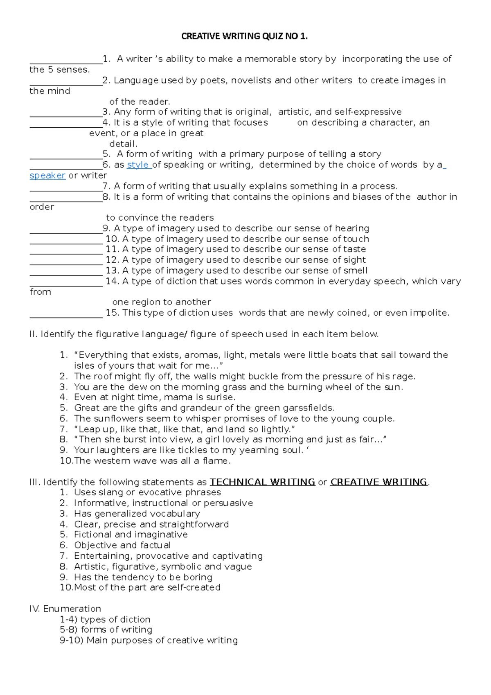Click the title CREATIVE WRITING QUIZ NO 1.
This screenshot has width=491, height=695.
(244, 36)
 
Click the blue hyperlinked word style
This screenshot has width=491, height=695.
(138, 165)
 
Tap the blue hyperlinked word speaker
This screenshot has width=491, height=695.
(47, 176)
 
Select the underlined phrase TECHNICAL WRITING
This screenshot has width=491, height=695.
(262, 482)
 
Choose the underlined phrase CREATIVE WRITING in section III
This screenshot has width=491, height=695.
(378, 482)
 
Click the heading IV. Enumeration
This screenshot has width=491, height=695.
(65, 609)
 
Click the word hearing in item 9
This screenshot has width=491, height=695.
(352, 228)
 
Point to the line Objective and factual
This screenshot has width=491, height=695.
(122, 545)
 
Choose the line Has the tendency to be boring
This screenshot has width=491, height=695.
(143, 577)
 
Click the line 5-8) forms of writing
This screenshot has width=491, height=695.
(106, 630)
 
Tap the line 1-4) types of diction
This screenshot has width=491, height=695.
(105, 619)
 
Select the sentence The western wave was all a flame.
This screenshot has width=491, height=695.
(152, 461)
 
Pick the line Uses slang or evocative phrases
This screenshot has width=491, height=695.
(147, 492)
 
